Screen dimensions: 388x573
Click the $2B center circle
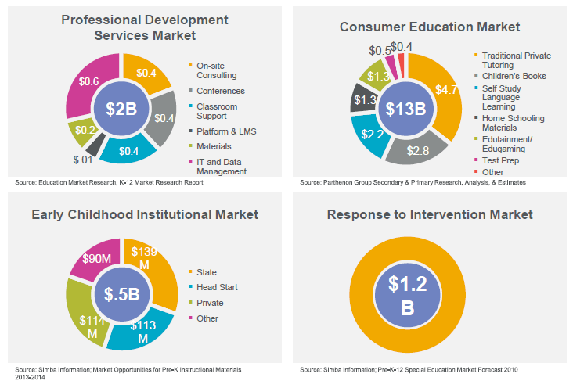tap(121, 109)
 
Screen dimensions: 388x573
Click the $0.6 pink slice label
tap(88, 81)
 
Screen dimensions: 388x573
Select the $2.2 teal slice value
tap(371, 132)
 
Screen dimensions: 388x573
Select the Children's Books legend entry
tap(514, 76)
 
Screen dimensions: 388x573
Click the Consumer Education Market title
tap(430, 27)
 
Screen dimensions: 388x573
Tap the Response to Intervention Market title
tap(430, 214)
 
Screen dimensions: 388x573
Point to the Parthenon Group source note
tap(413, 182)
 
